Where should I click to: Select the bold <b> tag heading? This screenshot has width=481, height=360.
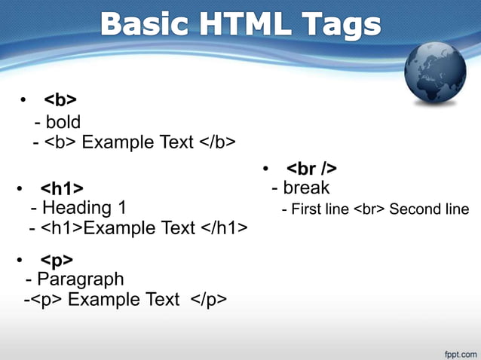pos(60,100)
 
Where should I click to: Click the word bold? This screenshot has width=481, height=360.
pos(63,121)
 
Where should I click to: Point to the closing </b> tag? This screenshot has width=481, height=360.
pos(218,142)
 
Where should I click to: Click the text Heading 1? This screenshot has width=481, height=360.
pos(84,207)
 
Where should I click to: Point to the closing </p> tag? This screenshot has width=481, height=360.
pos(208,300)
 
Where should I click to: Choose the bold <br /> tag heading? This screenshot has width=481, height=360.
pos(311,168)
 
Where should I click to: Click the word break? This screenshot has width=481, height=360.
pos(306,188)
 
